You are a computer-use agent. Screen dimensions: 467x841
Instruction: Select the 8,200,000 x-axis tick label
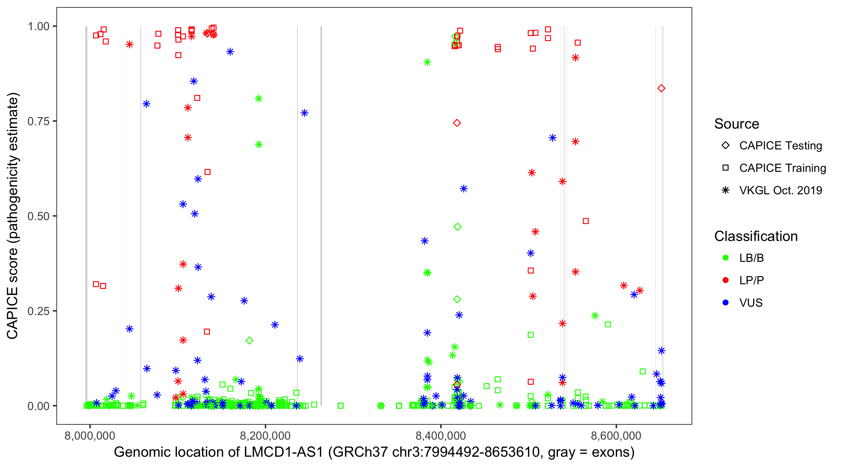(x=265, y=436)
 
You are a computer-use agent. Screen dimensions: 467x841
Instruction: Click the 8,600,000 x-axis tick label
(x=616, y=436)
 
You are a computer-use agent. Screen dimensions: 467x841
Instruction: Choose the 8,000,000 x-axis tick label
(x=90, y=436)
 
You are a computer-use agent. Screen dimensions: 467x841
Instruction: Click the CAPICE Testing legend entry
(x=780, y=146)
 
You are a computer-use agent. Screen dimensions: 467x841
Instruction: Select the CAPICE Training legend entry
(x=782, y=168)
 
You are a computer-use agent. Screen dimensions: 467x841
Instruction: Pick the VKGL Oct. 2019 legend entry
(x=780, y=191)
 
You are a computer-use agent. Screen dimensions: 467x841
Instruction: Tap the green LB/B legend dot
(x=725, y=258)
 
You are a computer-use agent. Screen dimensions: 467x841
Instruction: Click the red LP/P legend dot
(x=725, y=280)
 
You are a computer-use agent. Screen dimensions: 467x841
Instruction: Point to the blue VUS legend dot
(x=725, y=303)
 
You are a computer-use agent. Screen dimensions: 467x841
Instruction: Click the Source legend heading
(x=737, y=124)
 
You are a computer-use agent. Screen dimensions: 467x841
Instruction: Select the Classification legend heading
(x=756, y=236)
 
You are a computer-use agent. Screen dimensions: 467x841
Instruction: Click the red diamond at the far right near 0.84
(x=661, y=88)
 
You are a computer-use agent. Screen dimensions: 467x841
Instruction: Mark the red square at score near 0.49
(x=586, y=221)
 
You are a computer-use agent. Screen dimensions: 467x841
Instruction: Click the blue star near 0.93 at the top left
(x=230, y=52)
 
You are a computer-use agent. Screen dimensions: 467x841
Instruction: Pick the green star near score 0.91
(x=427, y=62)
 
